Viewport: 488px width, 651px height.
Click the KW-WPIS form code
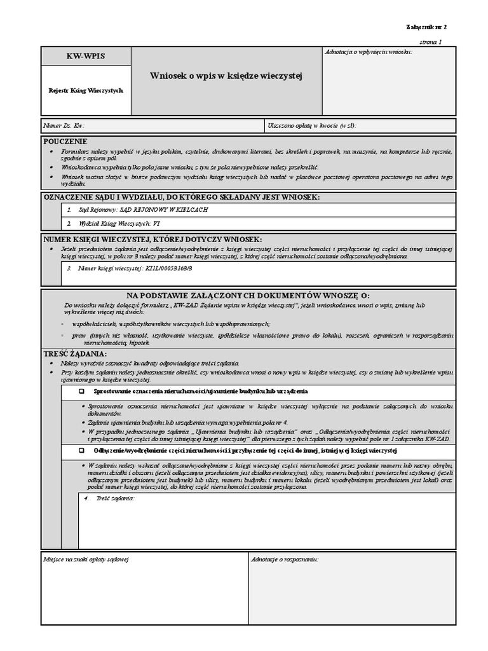86,57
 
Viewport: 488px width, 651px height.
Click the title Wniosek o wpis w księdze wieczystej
226,76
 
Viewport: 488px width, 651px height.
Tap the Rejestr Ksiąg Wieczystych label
86,90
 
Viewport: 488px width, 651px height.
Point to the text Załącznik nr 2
426,27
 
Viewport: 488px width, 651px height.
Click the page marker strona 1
431,41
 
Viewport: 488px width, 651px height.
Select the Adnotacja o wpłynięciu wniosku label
368,51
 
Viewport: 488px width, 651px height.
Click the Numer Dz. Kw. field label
64,126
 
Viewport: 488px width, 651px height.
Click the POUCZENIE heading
65,141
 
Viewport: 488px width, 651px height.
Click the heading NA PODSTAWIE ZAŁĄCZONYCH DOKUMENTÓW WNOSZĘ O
248,296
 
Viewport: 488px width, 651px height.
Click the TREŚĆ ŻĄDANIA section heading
75,353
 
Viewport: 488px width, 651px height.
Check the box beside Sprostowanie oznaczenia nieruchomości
81,391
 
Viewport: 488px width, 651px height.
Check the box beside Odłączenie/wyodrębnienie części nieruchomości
81,451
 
